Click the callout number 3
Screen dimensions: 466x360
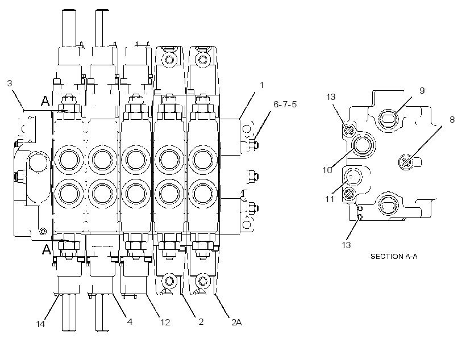10,83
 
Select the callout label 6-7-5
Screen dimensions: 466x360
285,104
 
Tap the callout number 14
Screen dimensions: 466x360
40,324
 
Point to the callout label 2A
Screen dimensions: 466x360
236,322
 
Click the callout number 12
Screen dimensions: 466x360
165,322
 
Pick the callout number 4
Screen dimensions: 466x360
130,321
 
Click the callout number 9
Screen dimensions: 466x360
422,91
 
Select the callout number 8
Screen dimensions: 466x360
452,119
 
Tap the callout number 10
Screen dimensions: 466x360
327,170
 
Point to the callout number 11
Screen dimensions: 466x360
330,199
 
